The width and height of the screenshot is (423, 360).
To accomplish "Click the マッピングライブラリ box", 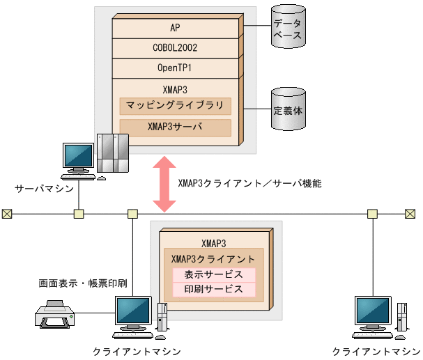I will click(175, 106).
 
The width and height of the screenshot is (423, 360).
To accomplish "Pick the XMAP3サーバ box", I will click(175, 127).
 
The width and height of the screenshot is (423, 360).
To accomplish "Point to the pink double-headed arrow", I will click(165, 184).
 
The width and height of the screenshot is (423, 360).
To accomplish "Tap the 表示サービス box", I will click(214, 274).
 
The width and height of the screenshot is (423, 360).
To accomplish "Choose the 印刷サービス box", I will click(214, 289).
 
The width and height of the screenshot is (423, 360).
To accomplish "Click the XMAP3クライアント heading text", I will click(213, 258).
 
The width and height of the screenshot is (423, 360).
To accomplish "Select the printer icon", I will click(54, 315).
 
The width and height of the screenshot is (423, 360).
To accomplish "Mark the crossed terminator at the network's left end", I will click(7, 213).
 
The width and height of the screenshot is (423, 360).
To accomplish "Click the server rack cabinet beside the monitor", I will click(113, 153).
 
